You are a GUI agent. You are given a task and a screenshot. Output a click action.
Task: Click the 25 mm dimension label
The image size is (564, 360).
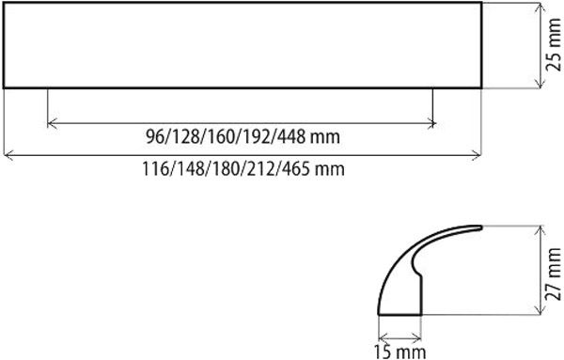pyautogui.click(x=554, y=45)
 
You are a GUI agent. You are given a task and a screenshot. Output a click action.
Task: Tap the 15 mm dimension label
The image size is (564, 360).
pyautogui.click(x=399, y=352)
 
